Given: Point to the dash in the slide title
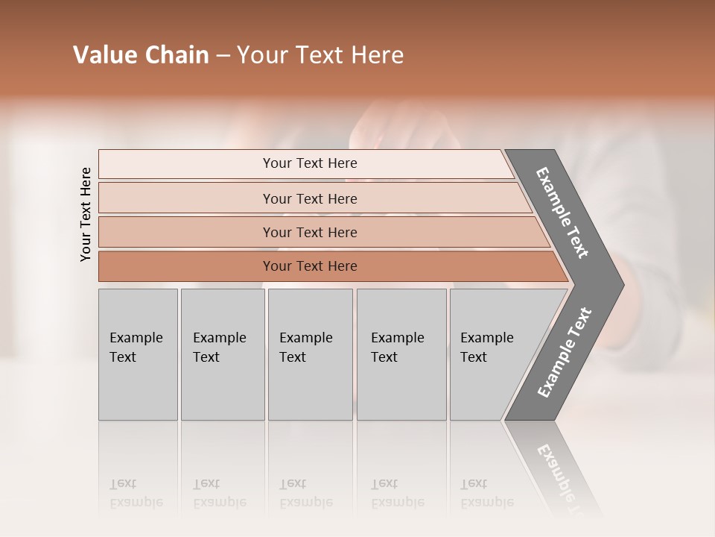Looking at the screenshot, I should (x=223, y=56).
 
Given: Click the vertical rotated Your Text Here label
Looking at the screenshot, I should (x=86, y=214).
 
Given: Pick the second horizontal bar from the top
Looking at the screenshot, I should (x=309, y=198).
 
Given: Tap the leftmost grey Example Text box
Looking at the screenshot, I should (x=138, y=354).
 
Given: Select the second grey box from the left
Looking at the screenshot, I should (x=222, y=354).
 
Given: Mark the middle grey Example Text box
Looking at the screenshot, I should (x=310, y=354).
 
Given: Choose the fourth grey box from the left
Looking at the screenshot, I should (x=401, y=354).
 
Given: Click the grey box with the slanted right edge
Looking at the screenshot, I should (x=492, y=354).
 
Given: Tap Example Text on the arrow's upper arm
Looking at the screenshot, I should (x=562, y=213).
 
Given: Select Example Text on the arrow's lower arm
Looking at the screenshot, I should (x=564, y=353).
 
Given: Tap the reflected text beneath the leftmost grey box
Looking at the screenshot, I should (x=136, y=493).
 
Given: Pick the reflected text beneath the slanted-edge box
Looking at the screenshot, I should (x=486, y=493).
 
